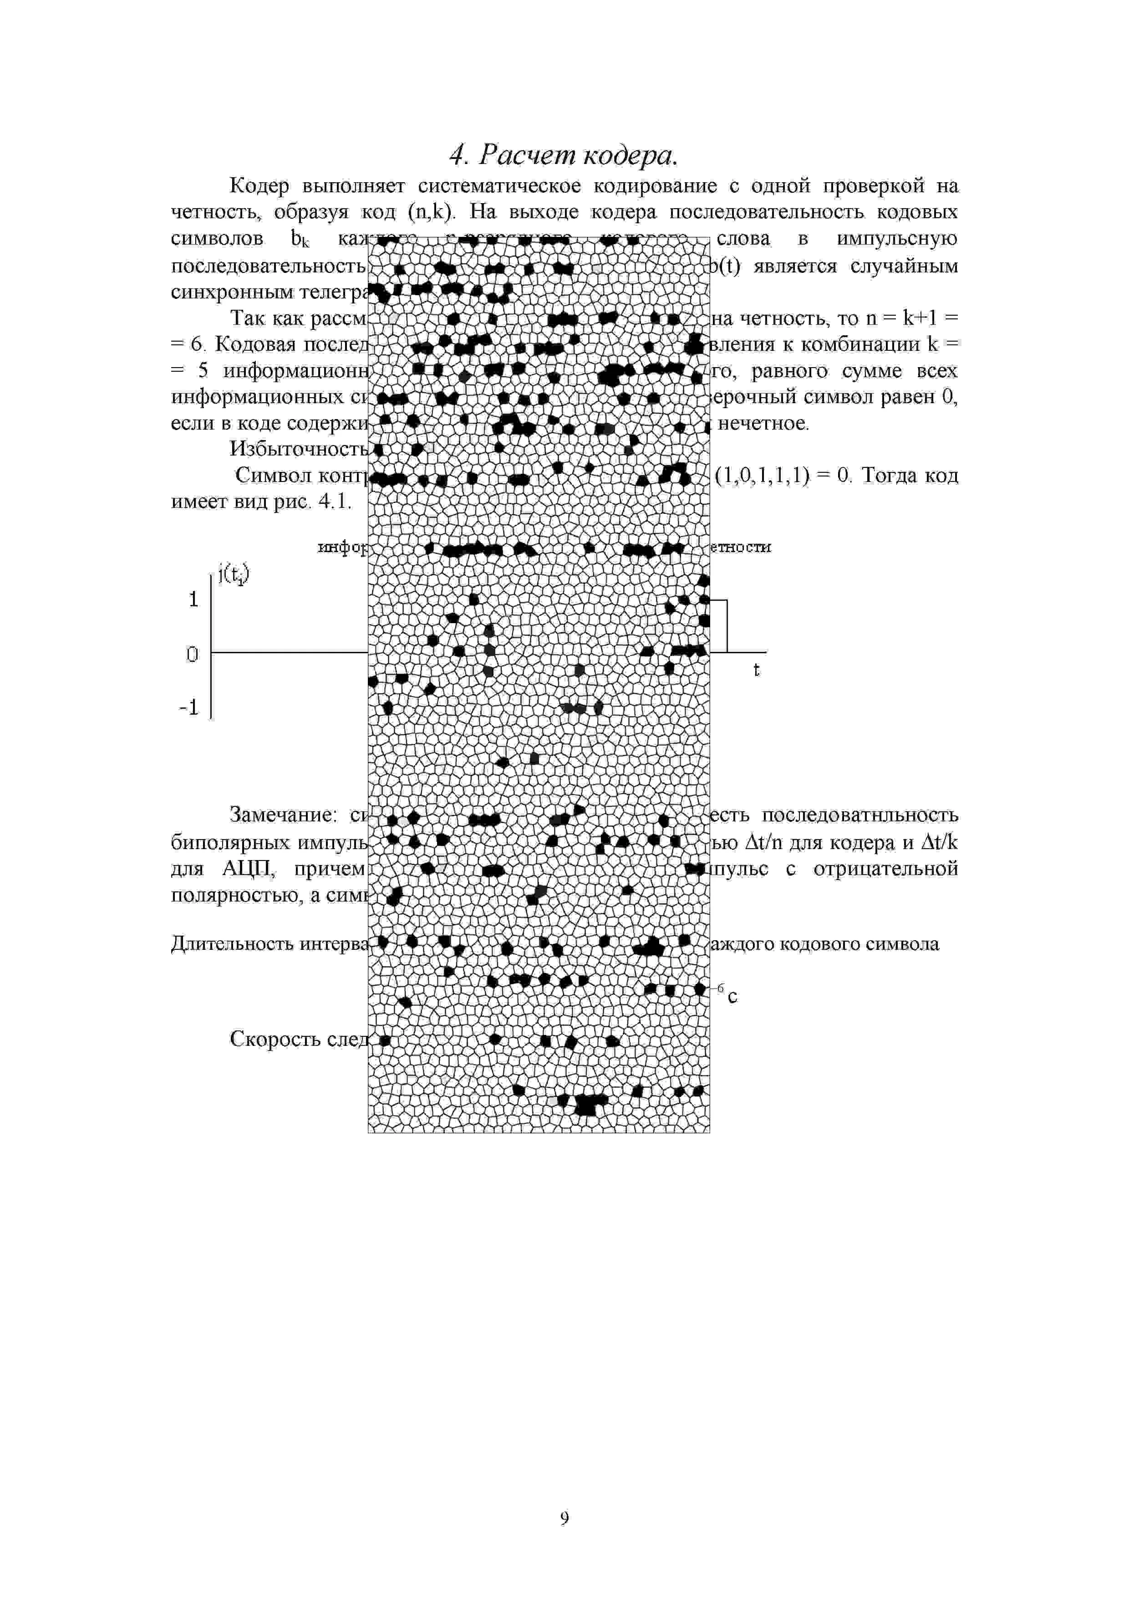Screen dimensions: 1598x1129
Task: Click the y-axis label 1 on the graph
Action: click(193, 599)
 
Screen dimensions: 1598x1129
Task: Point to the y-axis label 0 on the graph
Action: click(192, 654)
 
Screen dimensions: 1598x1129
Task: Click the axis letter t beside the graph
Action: click(757, 670)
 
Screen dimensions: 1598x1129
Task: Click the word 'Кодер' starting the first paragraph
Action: click(259, 186)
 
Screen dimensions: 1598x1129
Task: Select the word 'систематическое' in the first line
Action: click(499, 186)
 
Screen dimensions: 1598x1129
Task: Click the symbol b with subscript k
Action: click(299, 239)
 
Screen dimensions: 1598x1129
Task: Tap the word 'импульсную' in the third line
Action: click(897, 239)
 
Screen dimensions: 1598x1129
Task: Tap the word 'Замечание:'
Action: click(284, 815)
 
